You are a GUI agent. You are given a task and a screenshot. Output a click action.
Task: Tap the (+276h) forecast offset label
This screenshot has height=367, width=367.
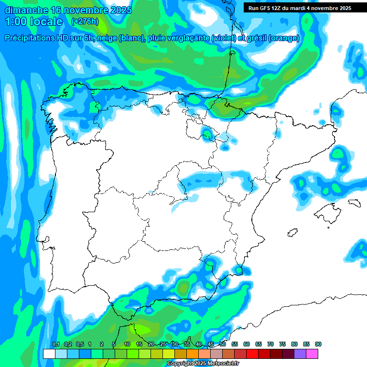(x=85, y=22)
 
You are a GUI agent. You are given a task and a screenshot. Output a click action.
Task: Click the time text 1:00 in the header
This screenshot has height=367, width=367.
(x=16, y=22)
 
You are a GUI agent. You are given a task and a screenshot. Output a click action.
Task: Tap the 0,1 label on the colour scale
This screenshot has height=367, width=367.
(x=55, y=345)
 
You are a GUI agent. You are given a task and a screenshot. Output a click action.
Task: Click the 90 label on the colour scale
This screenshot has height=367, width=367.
(x=318, y=345)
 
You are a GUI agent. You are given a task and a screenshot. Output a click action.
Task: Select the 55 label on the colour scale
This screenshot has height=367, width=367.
(x=235, y=345)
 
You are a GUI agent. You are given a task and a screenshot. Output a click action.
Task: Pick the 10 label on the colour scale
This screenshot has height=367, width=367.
(x=127, y=345)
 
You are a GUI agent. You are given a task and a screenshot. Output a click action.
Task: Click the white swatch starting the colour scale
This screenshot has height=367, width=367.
(x=49, y=354)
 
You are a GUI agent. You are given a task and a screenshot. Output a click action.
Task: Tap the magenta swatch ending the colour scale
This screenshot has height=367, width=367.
(x=312, y=354)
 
